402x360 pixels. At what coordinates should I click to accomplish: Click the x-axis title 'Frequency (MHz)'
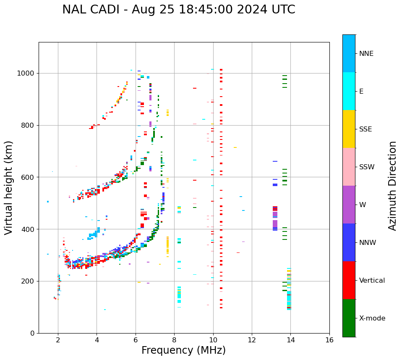coord(183,350)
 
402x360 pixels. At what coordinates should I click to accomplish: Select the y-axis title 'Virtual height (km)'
coord(9,187)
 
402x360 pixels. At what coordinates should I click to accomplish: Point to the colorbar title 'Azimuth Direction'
coord(392,186)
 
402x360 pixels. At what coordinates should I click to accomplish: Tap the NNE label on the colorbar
coord(366,54)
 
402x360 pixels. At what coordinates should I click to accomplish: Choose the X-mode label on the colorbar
coord(372,318)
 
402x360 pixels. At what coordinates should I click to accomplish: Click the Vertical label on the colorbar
coord(372,281)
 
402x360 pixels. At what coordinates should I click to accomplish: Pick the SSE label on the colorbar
coord(365,129)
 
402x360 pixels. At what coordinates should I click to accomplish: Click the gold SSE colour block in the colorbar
coord(349,129)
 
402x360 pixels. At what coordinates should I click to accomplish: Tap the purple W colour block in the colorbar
coord(349,205)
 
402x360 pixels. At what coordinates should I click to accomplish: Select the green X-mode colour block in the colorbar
coord(349,318)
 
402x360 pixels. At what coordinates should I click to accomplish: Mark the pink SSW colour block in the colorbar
coord(349,167)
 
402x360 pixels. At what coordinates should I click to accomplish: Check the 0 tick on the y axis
coord(32,333)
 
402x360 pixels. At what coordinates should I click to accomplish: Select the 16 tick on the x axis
coord(329,340)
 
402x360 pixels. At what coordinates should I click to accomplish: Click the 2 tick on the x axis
coord(58,340)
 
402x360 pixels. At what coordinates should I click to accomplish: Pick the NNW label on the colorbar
coord(368,243)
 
